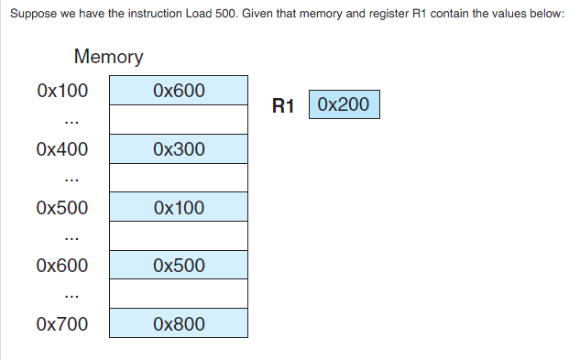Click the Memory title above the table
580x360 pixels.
pyautogui.click(x=108, y=57)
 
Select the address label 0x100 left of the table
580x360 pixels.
pyautogui.click(x=62, y=92)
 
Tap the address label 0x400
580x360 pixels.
pyautogui.click(x=62, y=149)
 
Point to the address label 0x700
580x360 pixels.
pyautogui.click(x=62, y=324)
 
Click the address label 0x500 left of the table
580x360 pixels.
pyautogui.click(x=62, y=208)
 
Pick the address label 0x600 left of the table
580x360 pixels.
pyautogui.click(x=62, y=266)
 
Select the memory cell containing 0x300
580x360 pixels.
pyautogui.click(x=179, y=149)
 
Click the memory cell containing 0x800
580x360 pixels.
pyautogui.click(x=179, y=324)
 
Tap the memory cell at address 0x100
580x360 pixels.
pyautogui.click(x=179, y=92)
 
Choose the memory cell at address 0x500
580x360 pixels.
pyautogui.click(x=179, y=208)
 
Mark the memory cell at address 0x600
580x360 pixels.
pyautogui.click(x=179, y=266)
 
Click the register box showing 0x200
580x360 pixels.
pyautogui.click(x=344, y=104)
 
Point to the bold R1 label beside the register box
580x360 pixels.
pyautogui.click(x=283, y=106)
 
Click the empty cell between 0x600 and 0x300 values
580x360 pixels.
pyautogui.click(x=179, y=120)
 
